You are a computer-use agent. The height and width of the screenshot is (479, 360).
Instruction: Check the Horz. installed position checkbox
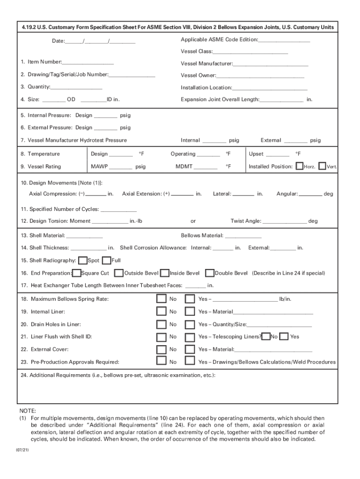pos(300,166)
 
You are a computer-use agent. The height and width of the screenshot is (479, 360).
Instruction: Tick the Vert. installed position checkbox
pos(322,166)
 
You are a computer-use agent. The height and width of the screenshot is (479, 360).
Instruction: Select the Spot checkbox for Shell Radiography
pos(83,261)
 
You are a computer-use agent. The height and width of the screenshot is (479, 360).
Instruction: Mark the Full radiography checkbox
pos(106,261)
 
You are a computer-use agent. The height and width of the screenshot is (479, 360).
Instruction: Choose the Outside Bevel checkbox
pos(119,273)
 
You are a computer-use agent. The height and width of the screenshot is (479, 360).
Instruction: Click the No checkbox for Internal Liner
pos(161,312)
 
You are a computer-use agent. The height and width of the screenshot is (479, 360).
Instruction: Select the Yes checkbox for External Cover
pos(190,349)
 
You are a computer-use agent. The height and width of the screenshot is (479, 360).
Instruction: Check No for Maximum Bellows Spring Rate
pos(161,299)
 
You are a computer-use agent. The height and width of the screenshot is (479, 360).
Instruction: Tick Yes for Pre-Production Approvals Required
pos(190,361)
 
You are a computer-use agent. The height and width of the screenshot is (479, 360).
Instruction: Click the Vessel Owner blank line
pos(260,76)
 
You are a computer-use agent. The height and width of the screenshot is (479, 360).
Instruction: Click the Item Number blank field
pos(88,62)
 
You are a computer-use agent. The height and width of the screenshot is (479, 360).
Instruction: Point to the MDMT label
pos(184,167)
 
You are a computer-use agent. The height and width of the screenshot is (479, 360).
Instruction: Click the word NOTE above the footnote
pos(28,410)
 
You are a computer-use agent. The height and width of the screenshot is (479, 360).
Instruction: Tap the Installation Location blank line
pos(270,88)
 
